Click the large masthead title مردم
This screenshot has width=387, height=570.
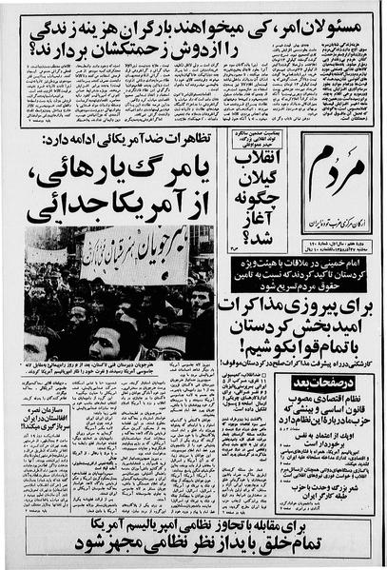coord(334,173)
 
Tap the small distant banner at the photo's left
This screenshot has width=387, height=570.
coord(46,255)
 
